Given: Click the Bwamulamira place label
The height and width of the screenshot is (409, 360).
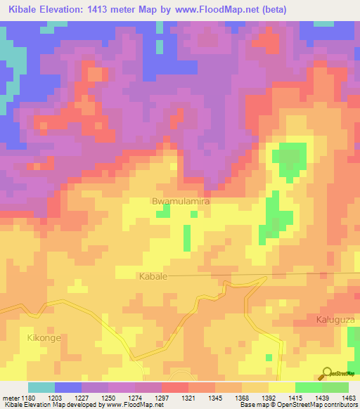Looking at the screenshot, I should point(181,201).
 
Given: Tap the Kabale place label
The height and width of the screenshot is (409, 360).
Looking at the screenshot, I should point(153,277).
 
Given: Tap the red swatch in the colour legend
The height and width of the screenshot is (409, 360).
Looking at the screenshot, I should point(175,387).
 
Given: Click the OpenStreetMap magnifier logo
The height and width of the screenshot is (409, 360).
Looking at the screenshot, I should point(326,374).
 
